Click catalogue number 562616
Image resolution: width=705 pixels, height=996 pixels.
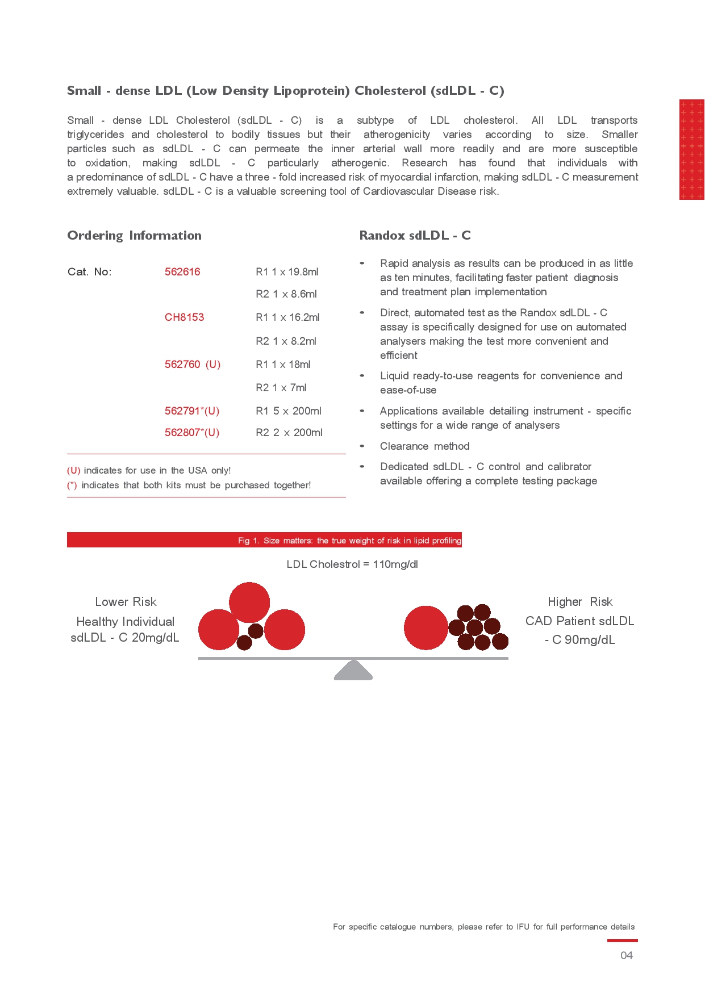(x=182, y=272)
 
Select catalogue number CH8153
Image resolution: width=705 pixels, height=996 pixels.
(x=184, y=317)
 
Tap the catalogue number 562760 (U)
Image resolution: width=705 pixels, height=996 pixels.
(x=193, y=365)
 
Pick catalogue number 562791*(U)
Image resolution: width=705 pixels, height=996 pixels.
(x=192, y=411)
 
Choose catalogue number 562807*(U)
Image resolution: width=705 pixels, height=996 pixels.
(x=192, y=433)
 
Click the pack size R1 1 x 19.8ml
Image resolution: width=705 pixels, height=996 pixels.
(x=287, y=272)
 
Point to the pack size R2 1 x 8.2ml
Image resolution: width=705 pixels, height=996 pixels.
(x=286, y=341)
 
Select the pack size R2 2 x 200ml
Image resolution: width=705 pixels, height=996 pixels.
(x=289, y=433)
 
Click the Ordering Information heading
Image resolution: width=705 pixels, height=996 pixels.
(x=134, y=236)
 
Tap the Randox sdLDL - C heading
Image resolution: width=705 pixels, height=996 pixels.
(x=415, y=236)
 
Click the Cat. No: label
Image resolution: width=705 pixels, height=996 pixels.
(x=89, y=272)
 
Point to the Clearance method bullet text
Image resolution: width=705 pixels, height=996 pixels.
(x=424, y=446)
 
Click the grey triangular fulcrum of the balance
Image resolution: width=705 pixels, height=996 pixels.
(x=353, y=671)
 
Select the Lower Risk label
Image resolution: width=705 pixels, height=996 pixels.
(x=126, y=602)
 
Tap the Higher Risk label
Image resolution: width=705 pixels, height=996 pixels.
(x=580, y=602)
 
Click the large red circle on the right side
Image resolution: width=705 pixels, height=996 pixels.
(x=425, y=627)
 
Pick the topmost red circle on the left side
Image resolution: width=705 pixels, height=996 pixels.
(x=249, y=602)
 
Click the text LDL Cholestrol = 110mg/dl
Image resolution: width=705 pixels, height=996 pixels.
(x=352, y=564)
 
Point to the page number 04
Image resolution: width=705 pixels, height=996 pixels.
(x=626, y=956)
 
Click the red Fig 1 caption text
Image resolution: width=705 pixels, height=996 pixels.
(x=349, y=541)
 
